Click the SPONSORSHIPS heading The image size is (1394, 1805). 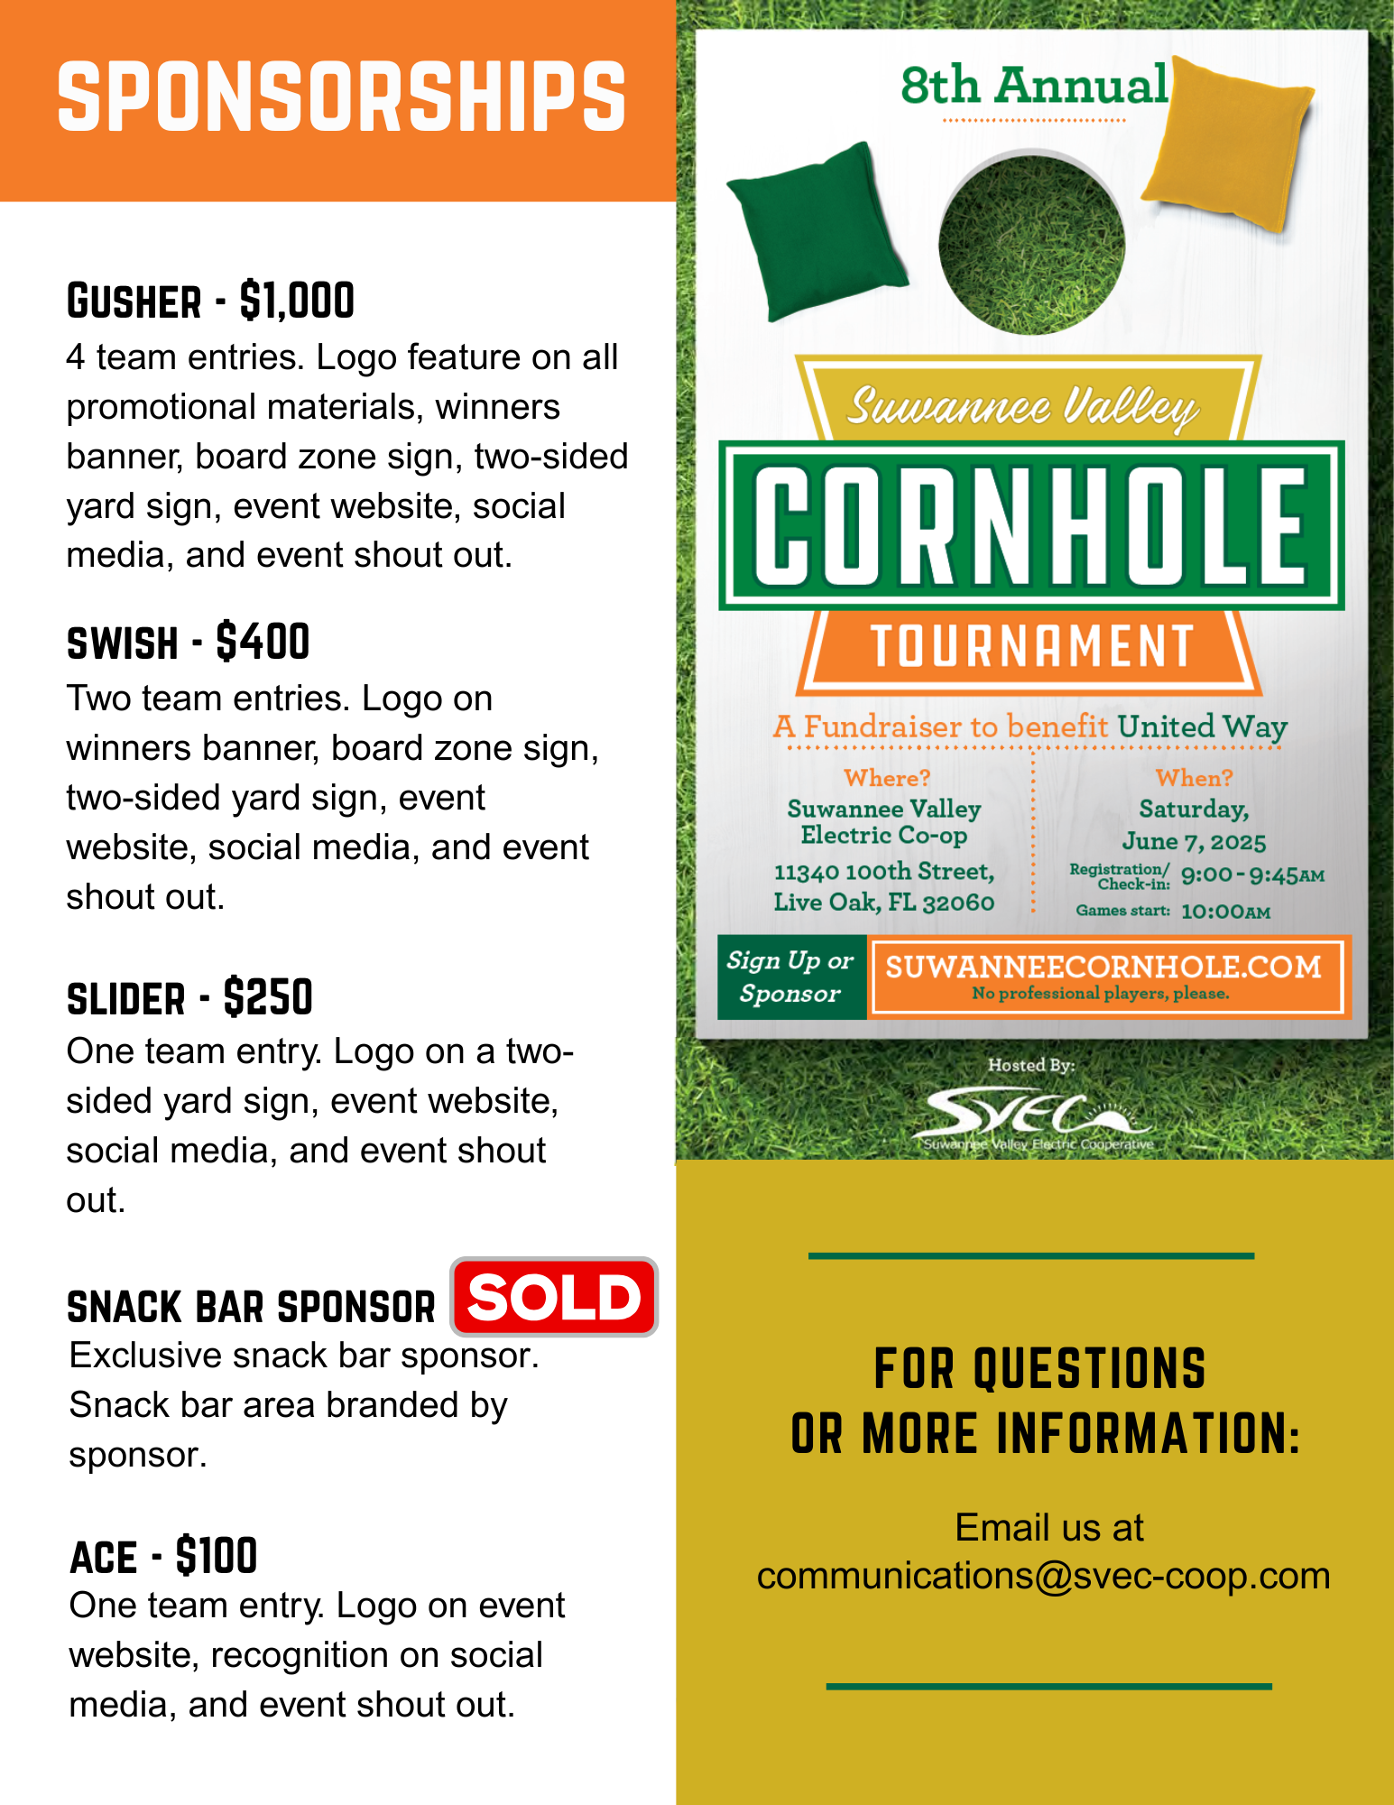click(x=341, y=97)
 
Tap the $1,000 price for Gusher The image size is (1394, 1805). click(x=297, y=301)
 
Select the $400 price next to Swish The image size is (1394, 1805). click(x=263, y=643)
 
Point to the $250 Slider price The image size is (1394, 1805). click(x=268, y=998)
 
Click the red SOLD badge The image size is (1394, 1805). click(x=554, y=1297)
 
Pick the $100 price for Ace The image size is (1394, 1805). click(x=217, y=1556)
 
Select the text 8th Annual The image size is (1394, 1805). click(x=1034, y=86)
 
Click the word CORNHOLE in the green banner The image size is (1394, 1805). click(x=1031, y=525)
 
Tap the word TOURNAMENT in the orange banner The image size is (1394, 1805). click(x=1031, y=646)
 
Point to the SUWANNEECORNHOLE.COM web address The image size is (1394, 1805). click(x=1103, y=967)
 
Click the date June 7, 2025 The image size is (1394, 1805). click(x=1194, y=841)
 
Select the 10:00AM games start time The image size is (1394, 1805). click(x=1225, y=912)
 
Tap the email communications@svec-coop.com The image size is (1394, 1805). click(x=1043, y=1576)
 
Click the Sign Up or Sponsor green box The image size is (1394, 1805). click(x=791, y=977)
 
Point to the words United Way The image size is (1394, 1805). click(x=1202, y=727)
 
